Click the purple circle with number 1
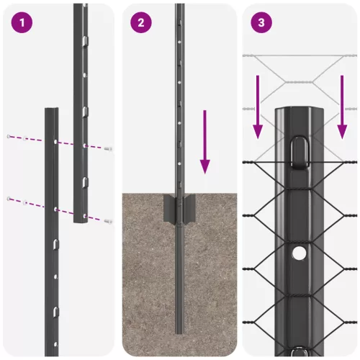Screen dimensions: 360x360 click(x=23, y=22)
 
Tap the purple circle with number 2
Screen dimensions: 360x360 click(x=141, y=22)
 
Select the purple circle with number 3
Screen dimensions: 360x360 click(x=260, y=22)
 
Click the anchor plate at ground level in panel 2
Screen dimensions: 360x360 click(x=179, y=208)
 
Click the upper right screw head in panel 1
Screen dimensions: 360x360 click(x=108, y=148)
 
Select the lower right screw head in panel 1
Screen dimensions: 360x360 click(x=108, y=220)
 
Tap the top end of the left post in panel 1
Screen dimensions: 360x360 click(x=52, y=110)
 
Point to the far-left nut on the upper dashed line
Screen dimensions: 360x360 click(x=9, y=137)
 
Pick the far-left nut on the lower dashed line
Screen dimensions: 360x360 click(x=9, y=199)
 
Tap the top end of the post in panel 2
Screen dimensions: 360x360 click(x=179, y=6)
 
